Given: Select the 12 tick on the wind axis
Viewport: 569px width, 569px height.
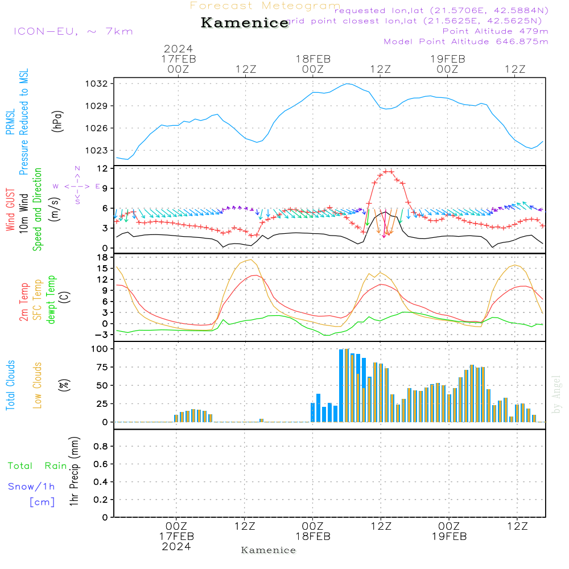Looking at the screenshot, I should [x=102, y=168].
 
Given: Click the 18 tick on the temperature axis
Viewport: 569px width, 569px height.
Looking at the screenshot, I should [x=102, y=257].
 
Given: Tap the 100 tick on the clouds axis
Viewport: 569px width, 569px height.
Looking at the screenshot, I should [x=100, y=348].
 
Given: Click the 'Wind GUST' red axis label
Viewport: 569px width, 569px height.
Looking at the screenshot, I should [x=11, y=210].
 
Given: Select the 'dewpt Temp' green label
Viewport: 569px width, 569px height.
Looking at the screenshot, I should [x=51, y=300].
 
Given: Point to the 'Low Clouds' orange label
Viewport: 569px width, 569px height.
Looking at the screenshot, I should [x=38, y=385].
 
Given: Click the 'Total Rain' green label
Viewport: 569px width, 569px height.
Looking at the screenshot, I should [x=38, y=466].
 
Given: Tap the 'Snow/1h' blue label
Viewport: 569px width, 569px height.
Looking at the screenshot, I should [x=31, y=486].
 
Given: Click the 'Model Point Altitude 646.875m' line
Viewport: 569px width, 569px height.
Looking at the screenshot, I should [x=466, y=42].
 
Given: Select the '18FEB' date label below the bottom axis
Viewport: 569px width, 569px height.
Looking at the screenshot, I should [x=312, y=537].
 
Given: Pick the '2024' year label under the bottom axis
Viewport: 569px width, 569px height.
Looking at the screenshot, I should [x=176, y=547].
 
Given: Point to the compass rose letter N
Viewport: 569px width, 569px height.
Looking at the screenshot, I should [x=77, y=168].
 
